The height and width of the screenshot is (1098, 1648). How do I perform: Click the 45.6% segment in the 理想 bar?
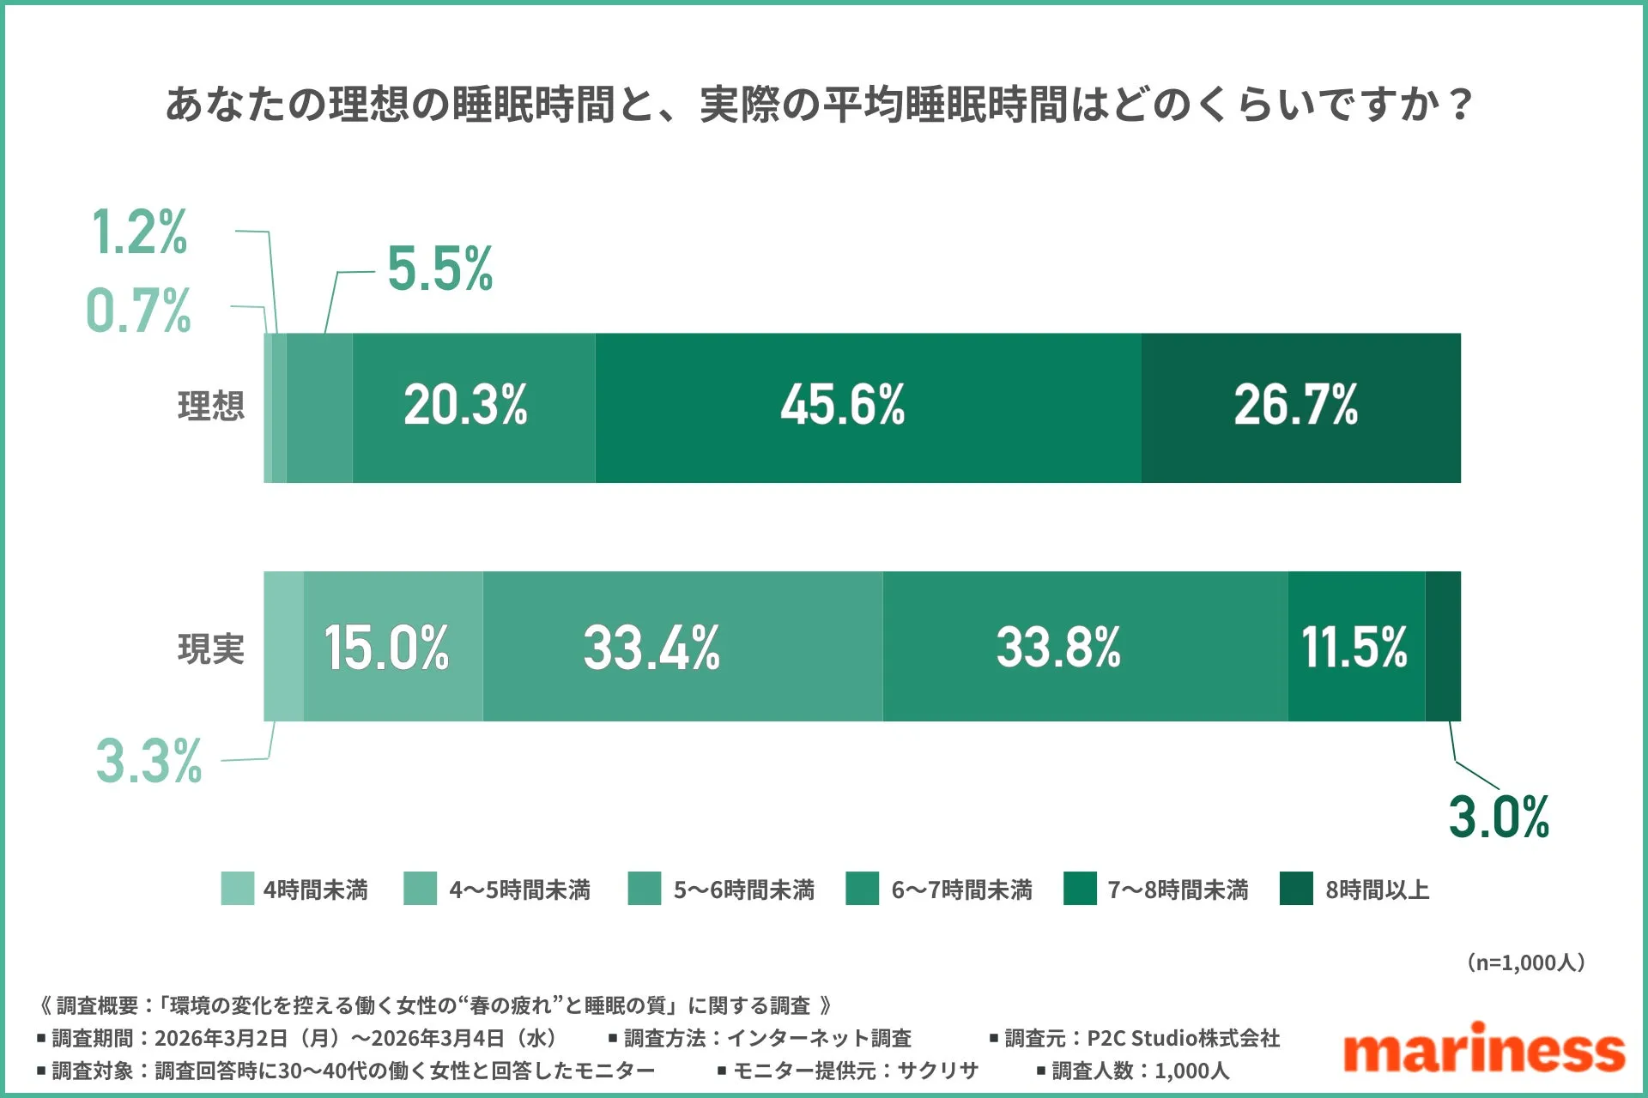click(867, 407)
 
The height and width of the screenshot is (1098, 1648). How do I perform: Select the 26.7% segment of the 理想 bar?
click(1300, 407)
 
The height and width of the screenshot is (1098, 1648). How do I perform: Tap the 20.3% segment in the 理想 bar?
click(472, 407)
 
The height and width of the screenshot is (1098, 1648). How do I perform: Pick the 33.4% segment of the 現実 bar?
click(682, 647)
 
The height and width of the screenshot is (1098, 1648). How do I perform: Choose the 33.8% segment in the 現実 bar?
click(1084, 647)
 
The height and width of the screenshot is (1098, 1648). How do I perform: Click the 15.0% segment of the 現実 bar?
click(393, 647)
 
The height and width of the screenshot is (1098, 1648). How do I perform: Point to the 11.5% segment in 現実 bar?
click(1356, 647)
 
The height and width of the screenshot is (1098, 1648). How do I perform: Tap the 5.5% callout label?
click(439, 269)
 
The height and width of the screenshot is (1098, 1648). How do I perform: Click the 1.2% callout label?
click(139, 232)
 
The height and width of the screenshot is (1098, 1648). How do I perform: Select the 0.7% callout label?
click(138, 311)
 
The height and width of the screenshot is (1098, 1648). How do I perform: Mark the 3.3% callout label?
click(148, 761)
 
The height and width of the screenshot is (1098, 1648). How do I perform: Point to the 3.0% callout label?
click(1499, 817)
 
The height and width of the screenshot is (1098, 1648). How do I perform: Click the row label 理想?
click(210, 407)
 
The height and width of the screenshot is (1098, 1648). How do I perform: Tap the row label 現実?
click(210, 649)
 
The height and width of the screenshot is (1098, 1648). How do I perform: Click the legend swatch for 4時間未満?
click(237, 889)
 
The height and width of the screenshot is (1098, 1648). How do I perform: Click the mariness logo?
click(1483, 1048)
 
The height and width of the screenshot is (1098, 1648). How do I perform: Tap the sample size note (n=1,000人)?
click(1525, 962)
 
